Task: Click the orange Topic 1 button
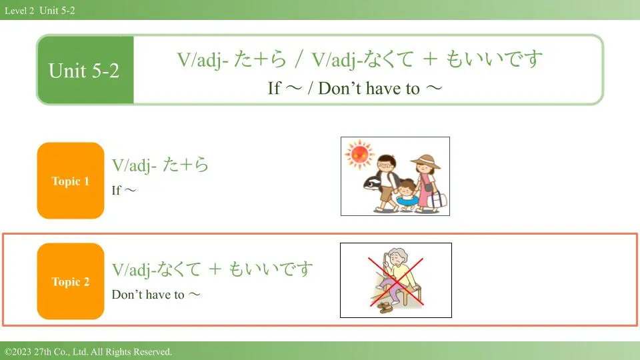click(x=71, y=181)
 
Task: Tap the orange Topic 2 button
click(x=71, y=281)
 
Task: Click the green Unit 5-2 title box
click(x=85, y=70)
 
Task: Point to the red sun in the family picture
click(x=359, y=154)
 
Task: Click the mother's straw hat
click(x=426, y=161)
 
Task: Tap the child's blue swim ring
click(x=406, y=201)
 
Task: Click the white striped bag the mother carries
click(x=437, y=199)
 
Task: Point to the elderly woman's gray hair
click(x=397, y=254)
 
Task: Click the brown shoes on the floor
click(x=385, y=307)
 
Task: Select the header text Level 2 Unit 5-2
click(x=40, y=11)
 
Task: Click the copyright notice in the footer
click(x=88, y=352)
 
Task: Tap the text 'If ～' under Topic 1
click(x=124, y=190)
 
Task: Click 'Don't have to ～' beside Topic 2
click(x=156, y=294)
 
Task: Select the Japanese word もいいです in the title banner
click(x=494, y=59)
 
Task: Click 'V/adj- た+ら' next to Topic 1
click(x=160, y=165)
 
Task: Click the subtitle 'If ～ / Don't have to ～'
click(x=355, y=88)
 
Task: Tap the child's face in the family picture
click(x=406, y=189)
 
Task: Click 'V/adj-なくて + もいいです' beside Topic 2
click(x=212, y=269)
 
